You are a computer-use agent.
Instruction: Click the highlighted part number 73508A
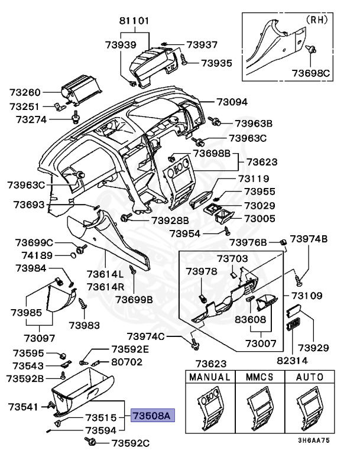point(151,416)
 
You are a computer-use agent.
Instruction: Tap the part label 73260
point(24,92)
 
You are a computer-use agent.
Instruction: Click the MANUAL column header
point(209,377)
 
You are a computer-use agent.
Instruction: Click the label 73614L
point(105,274)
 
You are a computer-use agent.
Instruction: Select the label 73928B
point(170,220)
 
